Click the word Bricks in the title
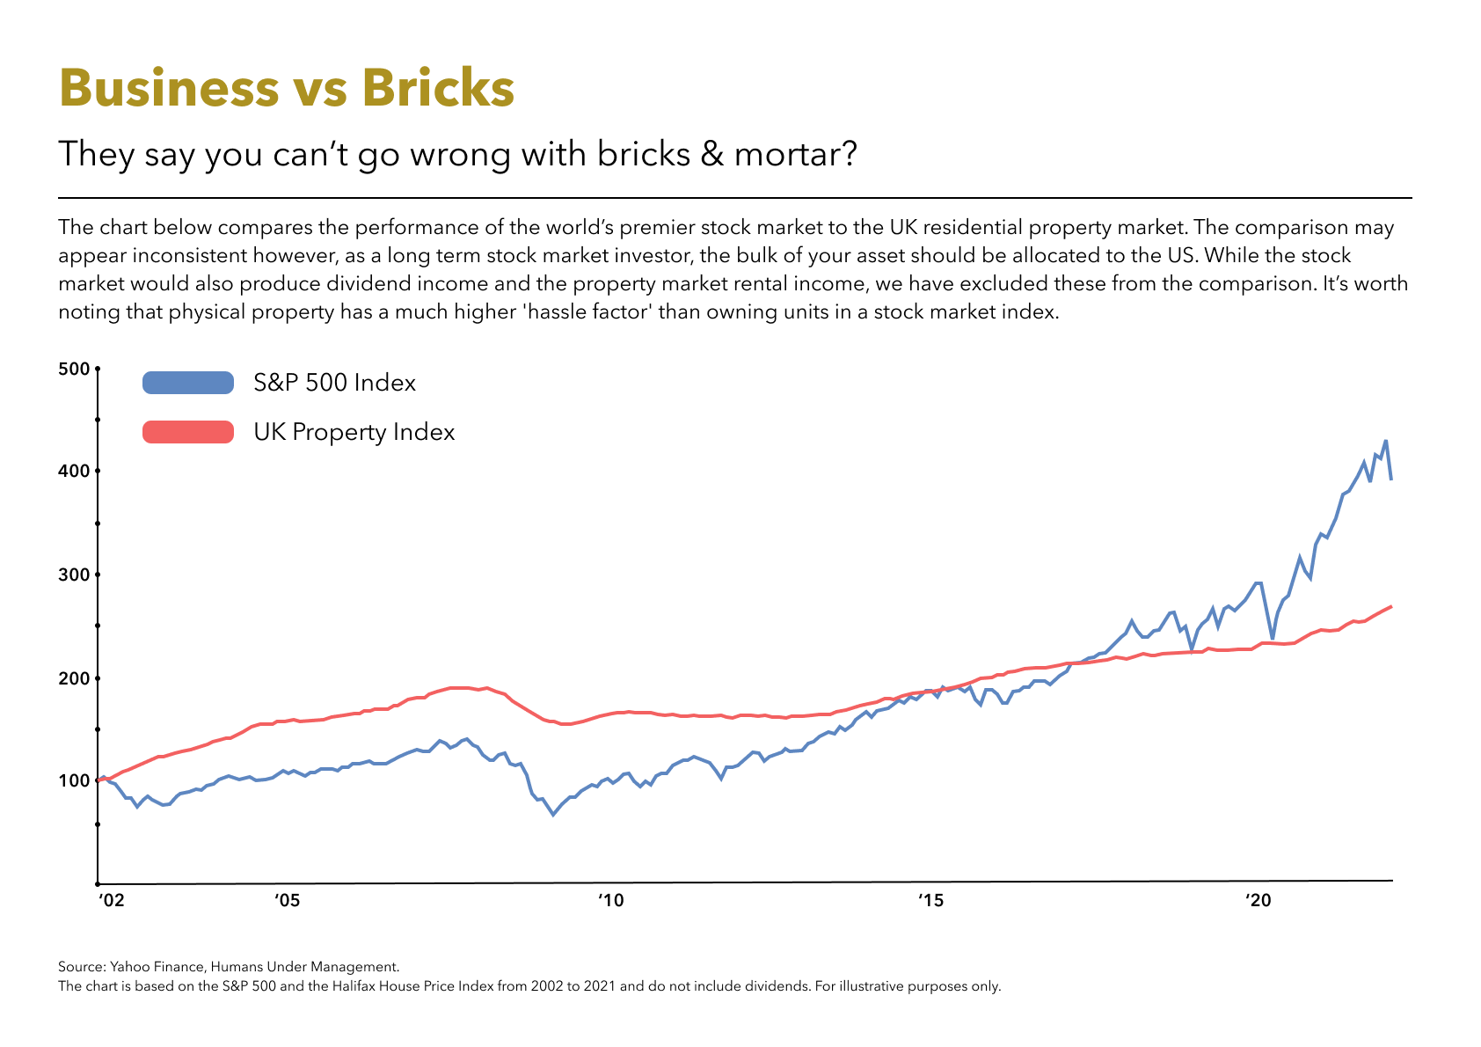pyautogui.click(x=437, y=88)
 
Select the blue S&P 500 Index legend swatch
pyautogui.click(x=187, y=383)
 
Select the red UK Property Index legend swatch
pyautogui.click(x=187, y=432)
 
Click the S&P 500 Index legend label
pyautogui.click(x=334, y=383)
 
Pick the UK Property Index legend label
pyautogui.click(x=354, y=432)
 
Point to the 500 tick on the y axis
pyautogui.click(x=74, y=369)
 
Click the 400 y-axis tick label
pyautogui.click(x=74, y=472)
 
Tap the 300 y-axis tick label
pyautogui.click(x=74, y=575)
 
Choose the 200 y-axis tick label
pyautogui.click(x=74, y=678)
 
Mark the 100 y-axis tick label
pyautogui.click(x=74, y=781)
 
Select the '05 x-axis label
pyautogui.click(x=287, y=901)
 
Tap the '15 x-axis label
pyautogui.click(x=930, y=901)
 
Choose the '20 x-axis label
pyautogui.click(x=1258, y=901)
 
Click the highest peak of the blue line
pyautogui.click(x=1385, y=441)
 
